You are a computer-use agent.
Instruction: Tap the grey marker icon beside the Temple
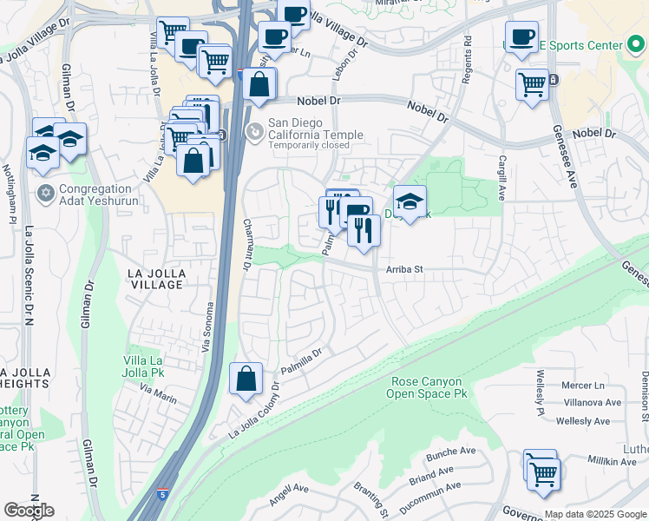click(254, 132)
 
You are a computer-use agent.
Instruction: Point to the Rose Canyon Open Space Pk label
click(429, 387)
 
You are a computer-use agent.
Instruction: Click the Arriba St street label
click(404, 269)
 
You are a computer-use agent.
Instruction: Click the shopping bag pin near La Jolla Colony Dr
click(246, 379)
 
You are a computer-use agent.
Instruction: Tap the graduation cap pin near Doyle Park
click(410, 202)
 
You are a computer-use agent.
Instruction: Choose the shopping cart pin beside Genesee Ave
click(532, 85)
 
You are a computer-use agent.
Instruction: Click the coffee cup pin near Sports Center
click(521, 37)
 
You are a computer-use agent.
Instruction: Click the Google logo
click(29, 511)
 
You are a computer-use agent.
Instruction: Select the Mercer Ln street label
click(582, 385)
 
